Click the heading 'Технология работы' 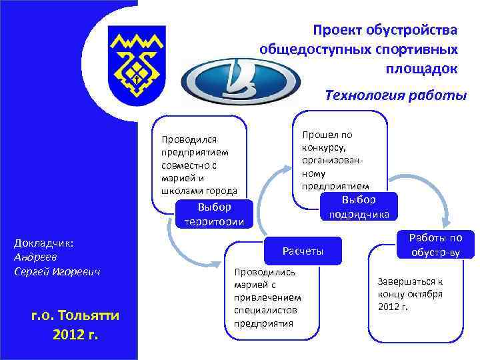pos(396,95)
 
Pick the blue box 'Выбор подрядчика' pos(359,207)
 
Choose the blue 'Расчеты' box pos(303,251)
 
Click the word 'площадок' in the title pos(421,69)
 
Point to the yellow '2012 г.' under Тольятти pos(75,333)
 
